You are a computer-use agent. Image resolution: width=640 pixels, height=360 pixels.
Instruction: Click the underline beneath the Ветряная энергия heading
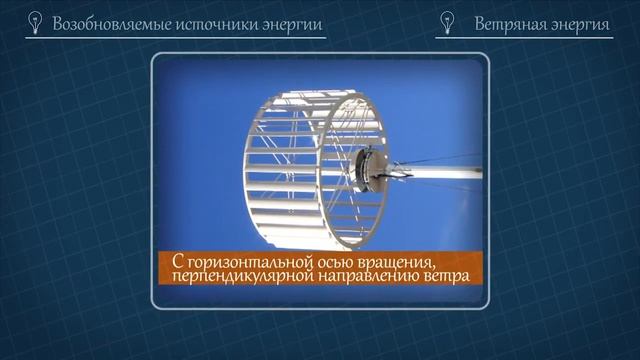[x=524, y=38]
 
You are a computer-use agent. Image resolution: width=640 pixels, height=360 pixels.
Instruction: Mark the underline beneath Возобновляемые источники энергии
[x=176, y=38]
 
